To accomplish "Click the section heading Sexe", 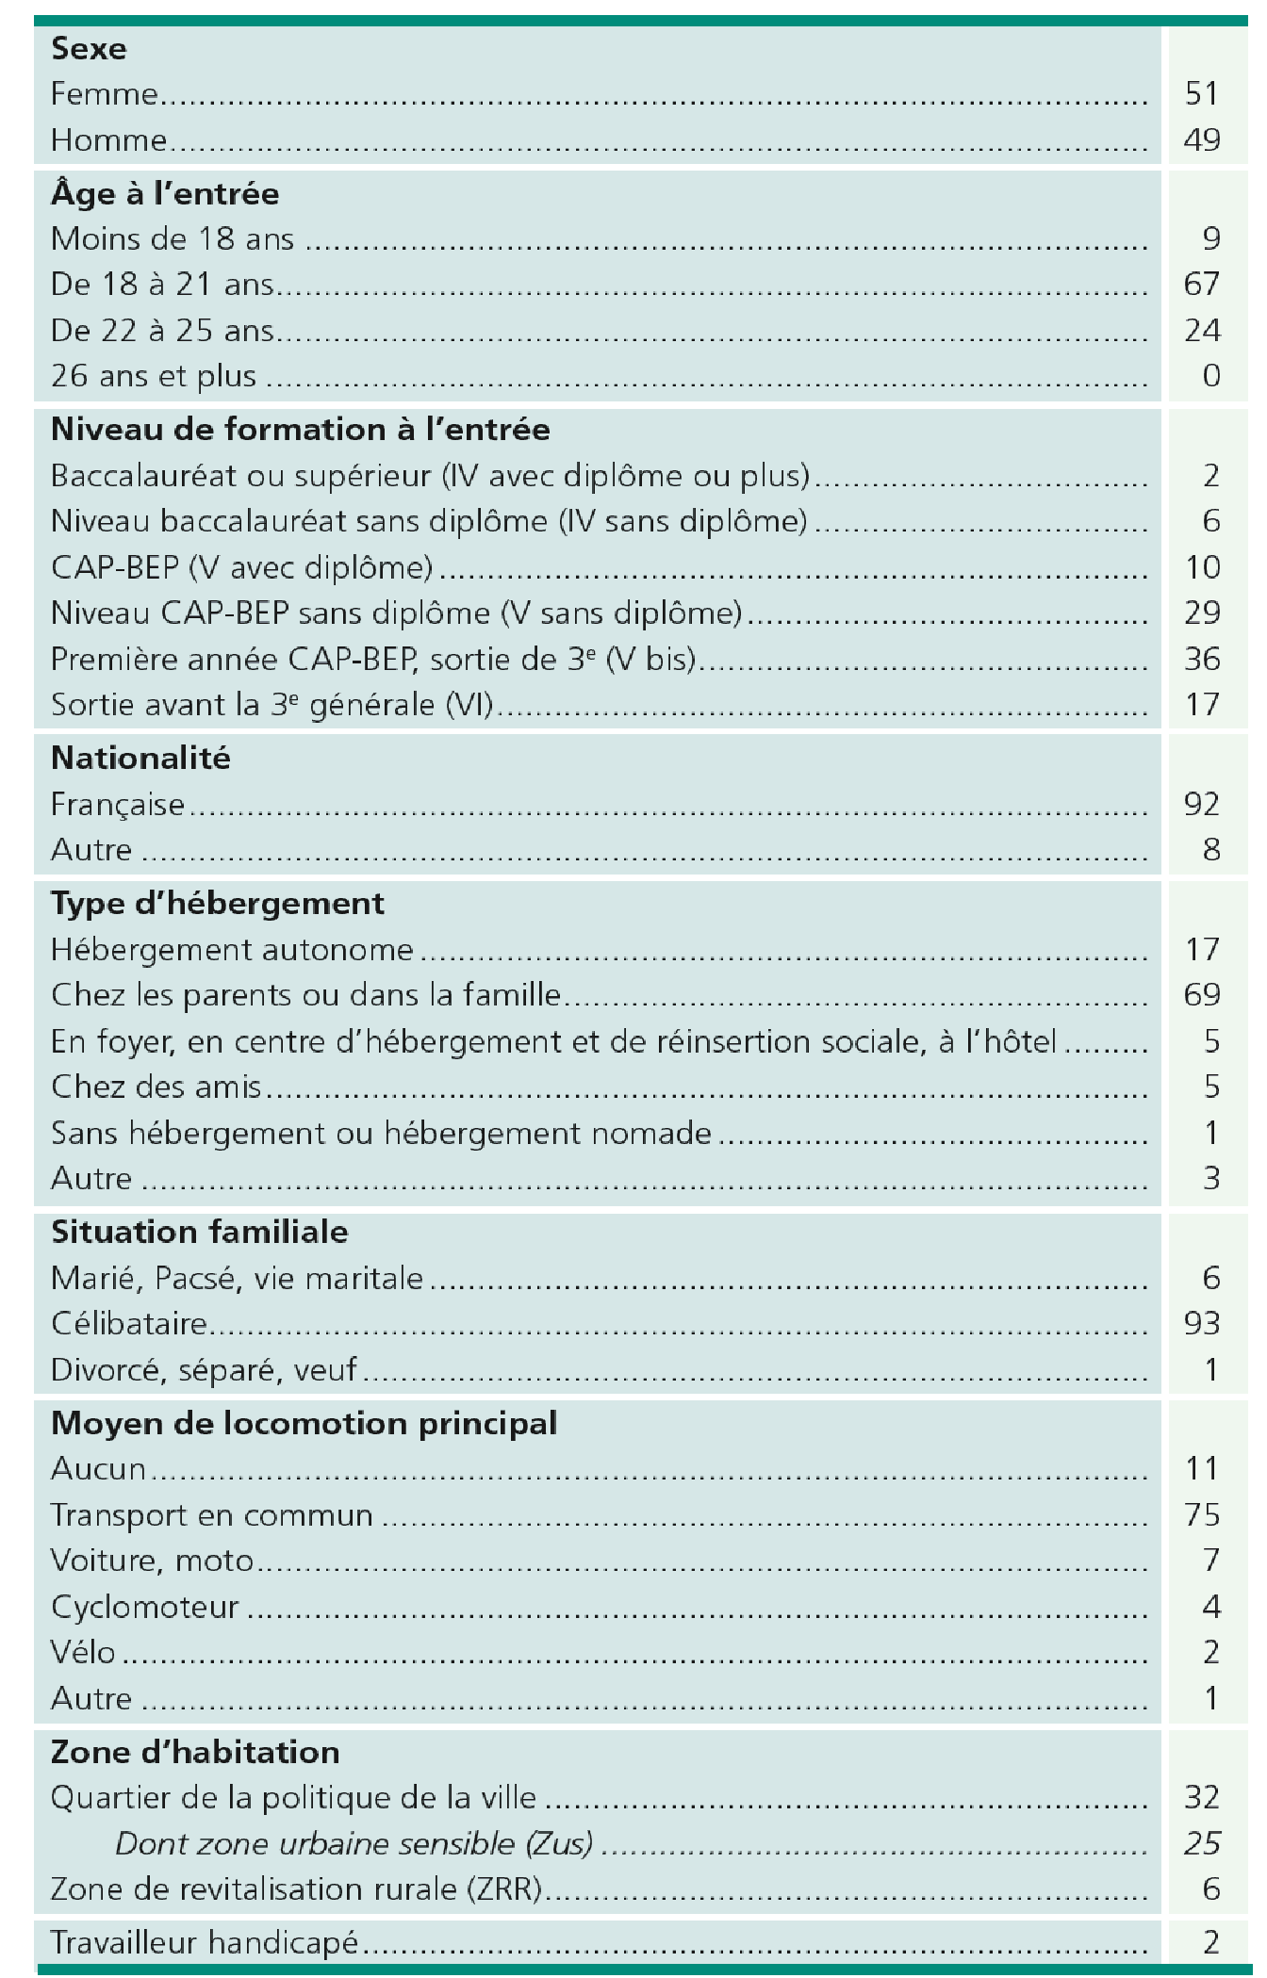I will pyautogui.click(x=89, y=48).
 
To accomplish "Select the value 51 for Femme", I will pyautogui.click(x=1201, y=94).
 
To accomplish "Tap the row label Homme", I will pyautogui.click(x=108, y=140).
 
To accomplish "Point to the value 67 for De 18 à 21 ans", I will pyautogui.click(x=1201, y=284).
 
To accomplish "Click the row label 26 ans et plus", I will pyautogui.click(x=154, y=376).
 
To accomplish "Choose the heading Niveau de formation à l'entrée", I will pyautogui.click(x=300, y=430).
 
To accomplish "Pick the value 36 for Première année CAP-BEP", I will pyautogui.click(x=1201, y=659).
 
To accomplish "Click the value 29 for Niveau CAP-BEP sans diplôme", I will pyautogui.click(x=1201, y=613).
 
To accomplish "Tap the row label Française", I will pyautogui.click(x=118, y=804).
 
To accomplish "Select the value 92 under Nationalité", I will pyautogui.click(x=1201, y=804).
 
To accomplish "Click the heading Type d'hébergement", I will pyautogui.click(x=218, y=904).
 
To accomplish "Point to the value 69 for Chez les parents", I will pyautogui.click(x=1201, y=994).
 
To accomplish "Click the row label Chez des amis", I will pyautogui.click(x=156, y=1087).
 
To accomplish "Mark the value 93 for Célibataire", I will pyautogui.click(x=1201, y=1323).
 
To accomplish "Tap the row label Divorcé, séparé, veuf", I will pyautogui.click(x=204, y=1369).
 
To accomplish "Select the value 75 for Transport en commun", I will pyautogui.click(x=1201, y=1514).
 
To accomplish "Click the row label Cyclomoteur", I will pyautogui.click(x=145, y=1607).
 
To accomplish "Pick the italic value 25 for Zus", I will pyautogui.click(x=1201, y=1843).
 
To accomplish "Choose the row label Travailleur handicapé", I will pyautogui.click(x=205, y=1942).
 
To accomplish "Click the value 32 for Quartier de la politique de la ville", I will pyautogui.click(x=1201, y=1797).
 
